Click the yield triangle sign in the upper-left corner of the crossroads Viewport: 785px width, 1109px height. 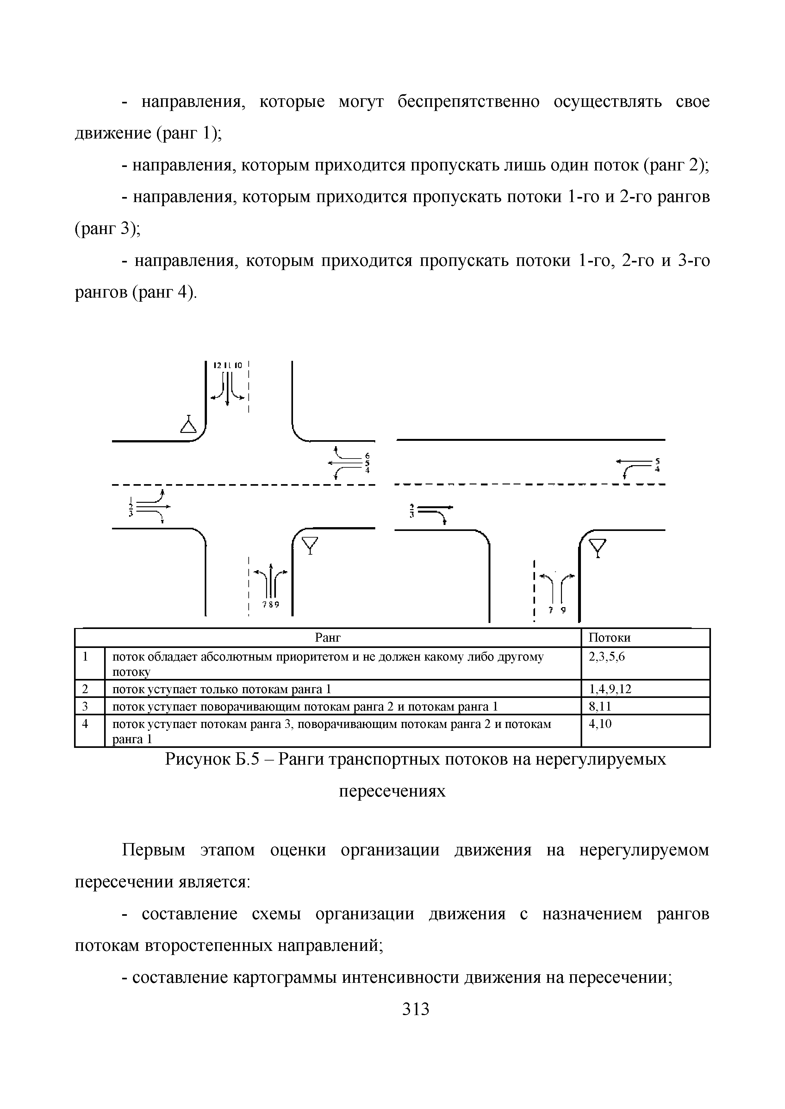pos(188,425)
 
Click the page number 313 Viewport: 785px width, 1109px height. pos(416,1009)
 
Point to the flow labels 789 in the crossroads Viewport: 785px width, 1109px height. pos(271,604)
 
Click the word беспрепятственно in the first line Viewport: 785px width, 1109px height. pos(468,102)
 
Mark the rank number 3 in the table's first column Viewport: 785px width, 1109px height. pos(85,707)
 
